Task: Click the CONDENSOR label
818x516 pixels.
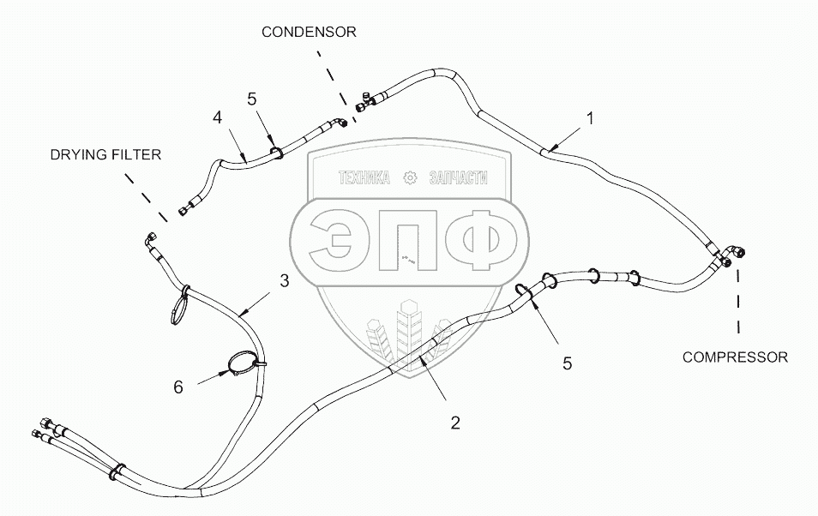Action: (x=309, y=32)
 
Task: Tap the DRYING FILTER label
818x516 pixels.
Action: (x=105, y=154)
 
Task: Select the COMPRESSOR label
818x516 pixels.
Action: (x=735, y=357)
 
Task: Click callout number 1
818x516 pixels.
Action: (x=591, y=117)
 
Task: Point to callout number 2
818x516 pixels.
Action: (x=455, y=422)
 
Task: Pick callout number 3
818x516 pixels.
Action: (x=284, y=280)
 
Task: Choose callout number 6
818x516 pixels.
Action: (x=178, y=387)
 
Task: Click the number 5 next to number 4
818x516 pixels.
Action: (x=251, y=99)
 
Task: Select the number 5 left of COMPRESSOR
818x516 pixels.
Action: (x=567, y=363)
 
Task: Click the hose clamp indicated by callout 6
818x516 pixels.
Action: (x=244, y=364)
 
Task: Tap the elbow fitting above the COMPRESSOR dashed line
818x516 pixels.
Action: (x=734, y=254)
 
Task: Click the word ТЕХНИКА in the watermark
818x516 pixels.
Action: (x=364, y=178)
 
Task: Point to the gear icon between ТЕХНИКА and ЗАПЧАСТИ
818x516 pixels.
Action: (x=409, y=178)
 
